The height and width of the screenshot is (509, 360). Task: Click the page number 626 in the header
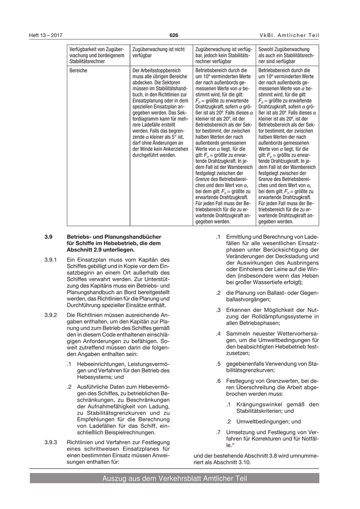[174, 35]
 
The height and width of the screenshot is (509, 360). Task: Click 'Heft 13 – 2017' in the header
[46, 35]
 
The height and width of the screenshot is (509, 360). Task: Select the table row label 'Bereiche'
[78, 70]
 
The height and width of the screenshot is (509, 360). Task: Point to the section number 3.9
[49, 237]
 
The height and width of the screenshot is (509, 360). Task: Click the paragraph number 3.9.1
[51, 260]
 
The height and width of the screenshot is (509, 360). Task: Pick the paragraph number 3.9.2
[51, 315]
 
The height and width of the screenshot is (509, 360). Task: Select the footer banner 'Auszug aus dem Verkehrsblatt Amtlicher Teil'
[174, 479]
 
